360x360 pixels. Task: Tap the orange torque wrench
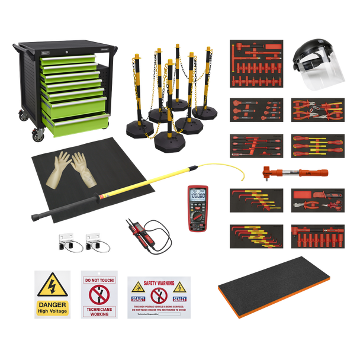click(295, 173)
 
